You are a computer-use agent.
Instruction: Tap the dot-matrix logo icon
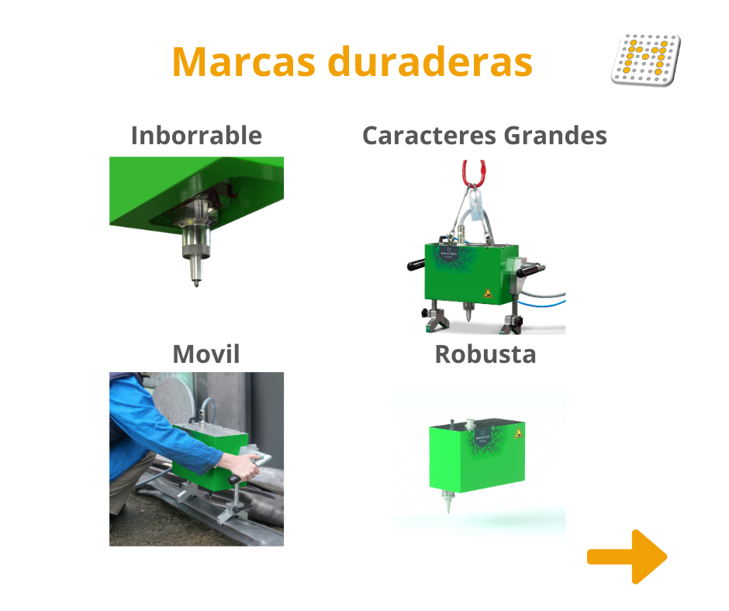pos(645,59)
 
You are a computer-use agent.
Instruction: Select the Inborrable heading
pos(196,136)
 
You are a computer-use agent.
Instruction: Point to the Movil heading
pos(206,354)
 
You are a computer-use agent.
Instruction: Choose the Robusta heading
pos(485,354)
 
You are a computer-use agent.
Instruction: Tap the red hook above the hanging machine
pos(474,172)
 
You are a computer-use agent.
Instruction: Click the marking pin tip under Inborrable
pos(197,283)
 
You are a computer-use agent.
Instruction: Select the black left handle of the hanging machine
pos(415,264)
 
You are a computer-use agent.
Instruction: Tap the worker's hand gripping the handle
pos(249,468)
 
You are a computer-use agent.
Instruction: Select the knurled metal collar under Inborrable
pos(195,246)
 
